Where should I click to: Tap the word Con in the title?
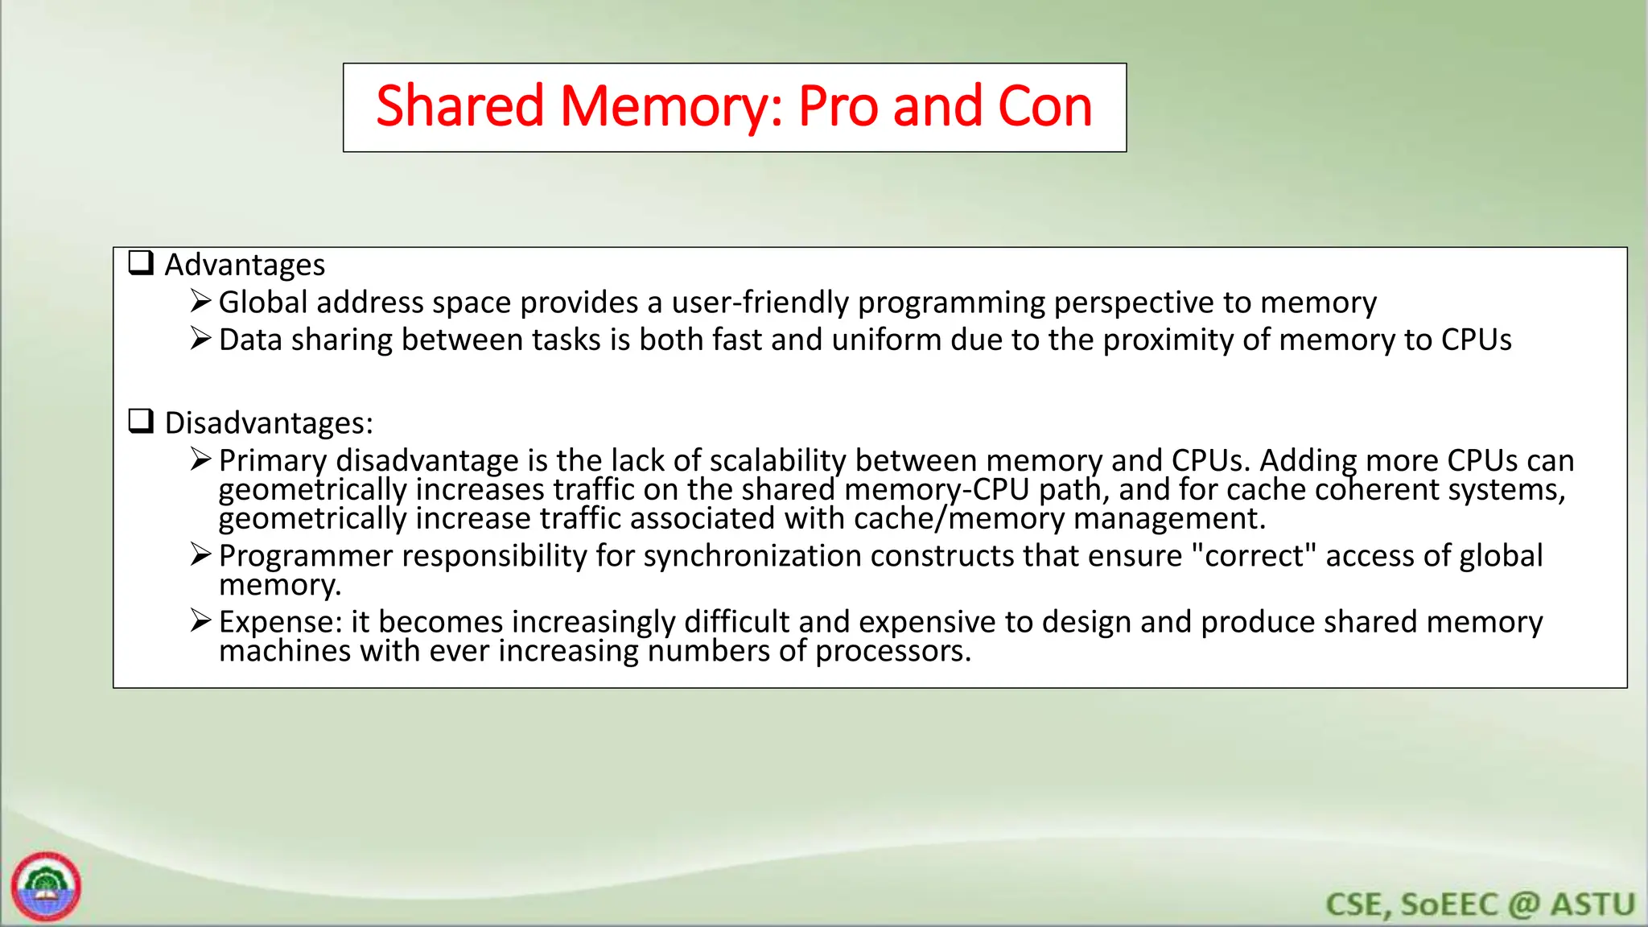click(x=1044, y=107)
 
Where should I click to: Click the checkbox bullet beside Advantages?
click(x=142, y=263)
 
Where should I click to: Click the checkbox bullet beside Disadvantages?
click(x=142, y=422)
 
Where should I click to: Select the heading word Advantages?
click(x=245, y=265)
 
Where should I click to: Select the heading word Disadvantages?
click(x=269, y=423)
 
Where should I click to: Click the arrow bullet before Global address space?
click(x=200, y=302)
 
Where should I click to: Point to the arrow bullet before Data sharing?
click(x=200, y=339)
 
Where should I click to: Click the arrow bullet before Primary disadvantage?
click(x=200, y=459)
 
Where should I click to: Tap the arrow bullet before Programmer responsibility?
click(x=200, y=555)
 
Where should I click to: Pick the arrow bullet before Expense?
click(x=200, y=621)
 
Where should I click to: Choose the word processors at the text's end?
click(x=892, y=651)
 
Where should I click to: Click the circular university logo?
click(x=46, y=886)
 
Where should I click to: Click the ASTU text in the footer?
click(x=1592, y=904)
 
